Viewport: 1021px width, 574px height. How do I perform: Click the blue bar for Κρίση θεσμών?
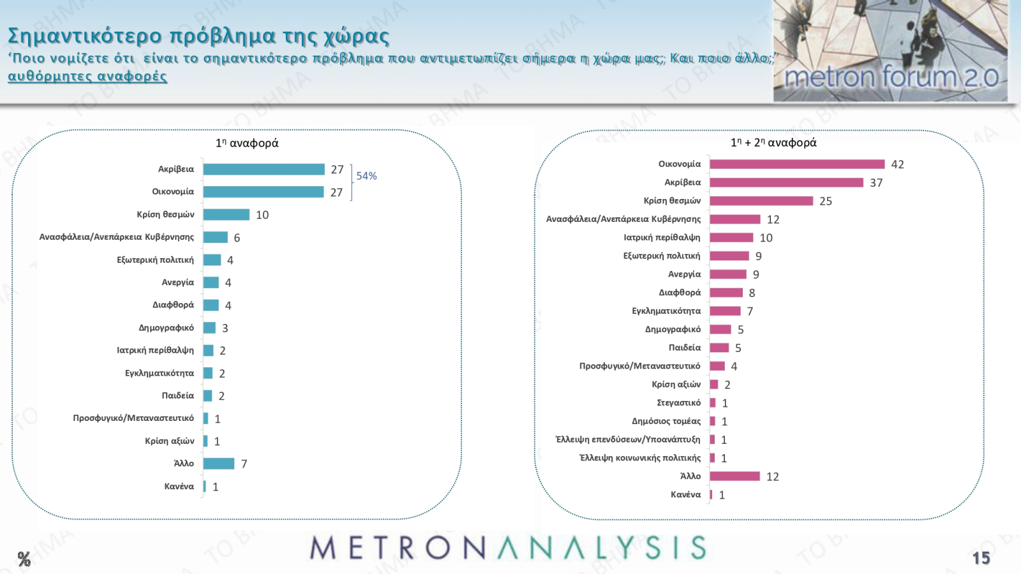[227, 215]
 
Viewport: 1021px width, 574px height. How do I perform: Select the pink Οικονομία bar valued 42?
[797, 165]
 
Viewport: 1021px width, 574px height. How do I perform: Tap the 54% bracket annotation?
[366, 176]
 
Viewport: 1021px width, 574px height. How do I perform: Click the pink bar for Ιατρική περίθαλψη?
[731, 238]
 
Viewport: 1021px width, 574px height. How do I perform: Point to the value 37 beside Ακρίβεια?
[876, 183]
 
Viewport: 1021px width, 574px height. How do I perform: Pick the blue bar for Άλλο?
[219, 464]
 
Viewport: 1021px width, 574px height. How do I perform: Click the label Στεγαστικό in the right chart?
[678, 403]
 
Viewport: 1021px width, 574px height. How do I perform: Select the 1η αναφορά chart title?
[247, 143]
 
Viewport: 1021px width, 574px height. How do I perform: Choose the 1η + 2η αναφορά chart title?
[773, 143]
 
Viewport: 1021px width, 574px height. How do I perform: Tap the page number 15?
[981, 558]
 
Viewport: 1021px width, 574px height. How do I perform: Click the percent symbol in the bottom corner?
[24, 560]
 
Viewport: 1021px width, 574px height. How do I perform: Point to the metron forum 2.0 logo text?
[891, 78]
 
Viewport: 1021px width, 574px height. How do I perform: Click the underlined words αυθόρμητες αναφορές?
[87, 77]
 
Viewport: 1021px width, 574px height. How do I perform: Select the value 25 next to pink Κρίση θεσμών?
[825, 202]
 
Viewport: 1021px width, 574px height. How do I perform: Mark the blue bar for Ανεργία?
[211, 283]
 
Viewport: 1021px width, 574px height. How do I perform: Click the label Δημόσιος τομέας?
[666, 422]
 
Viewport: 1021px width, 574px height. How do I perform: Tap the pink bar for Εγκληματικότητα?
[725, 311]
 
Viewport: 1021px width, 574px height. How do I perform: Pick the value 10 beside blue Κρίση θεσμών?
[262, 216]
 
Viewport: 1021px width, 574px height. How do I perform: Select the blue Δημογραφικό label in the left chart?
[166, 328]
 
